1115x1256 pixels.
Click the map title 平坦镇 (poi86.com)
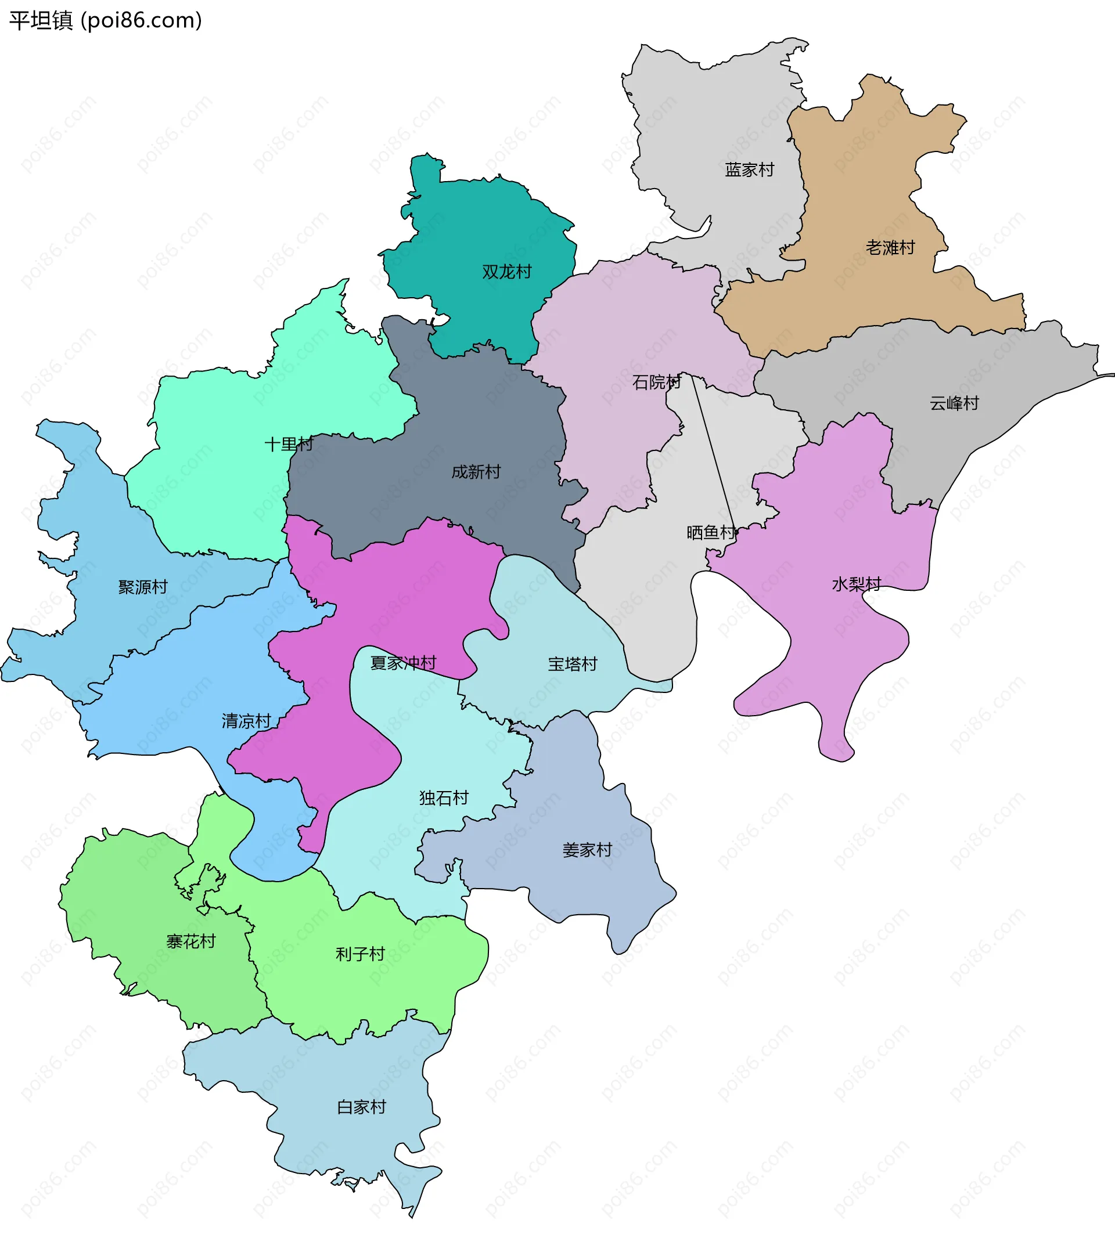pos(105,21)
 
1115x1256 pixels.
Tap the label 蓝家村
pos(749,169)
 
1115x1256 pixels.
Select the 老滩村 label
pos(890,248)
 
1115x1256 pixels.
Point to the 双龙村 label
pos(506,272)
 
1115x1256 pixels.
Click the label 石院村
pos(656,382)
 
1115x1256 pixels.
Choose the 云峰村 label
pos(954,403)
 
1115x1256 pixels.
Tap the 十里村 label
pos(288,443)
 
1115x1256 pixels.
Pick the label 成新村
pos(476,471)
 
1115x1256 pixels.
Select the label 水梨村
pos(856,584)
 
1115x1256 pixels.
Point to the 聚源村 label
pos(143,587)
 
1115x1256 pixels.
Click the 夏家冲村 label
pos(403,662)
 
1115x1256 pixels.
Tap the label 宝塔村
pos(572,663)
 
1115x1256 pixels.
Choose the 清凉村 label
pos(246,721)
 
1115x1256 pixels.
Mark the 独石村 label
pos(444,797)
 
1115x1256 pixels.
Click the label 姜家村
pos(587,850)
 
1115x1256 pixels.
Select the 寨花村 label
pos(190,941)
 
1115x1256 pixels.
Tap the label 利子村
pos(360,954)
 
